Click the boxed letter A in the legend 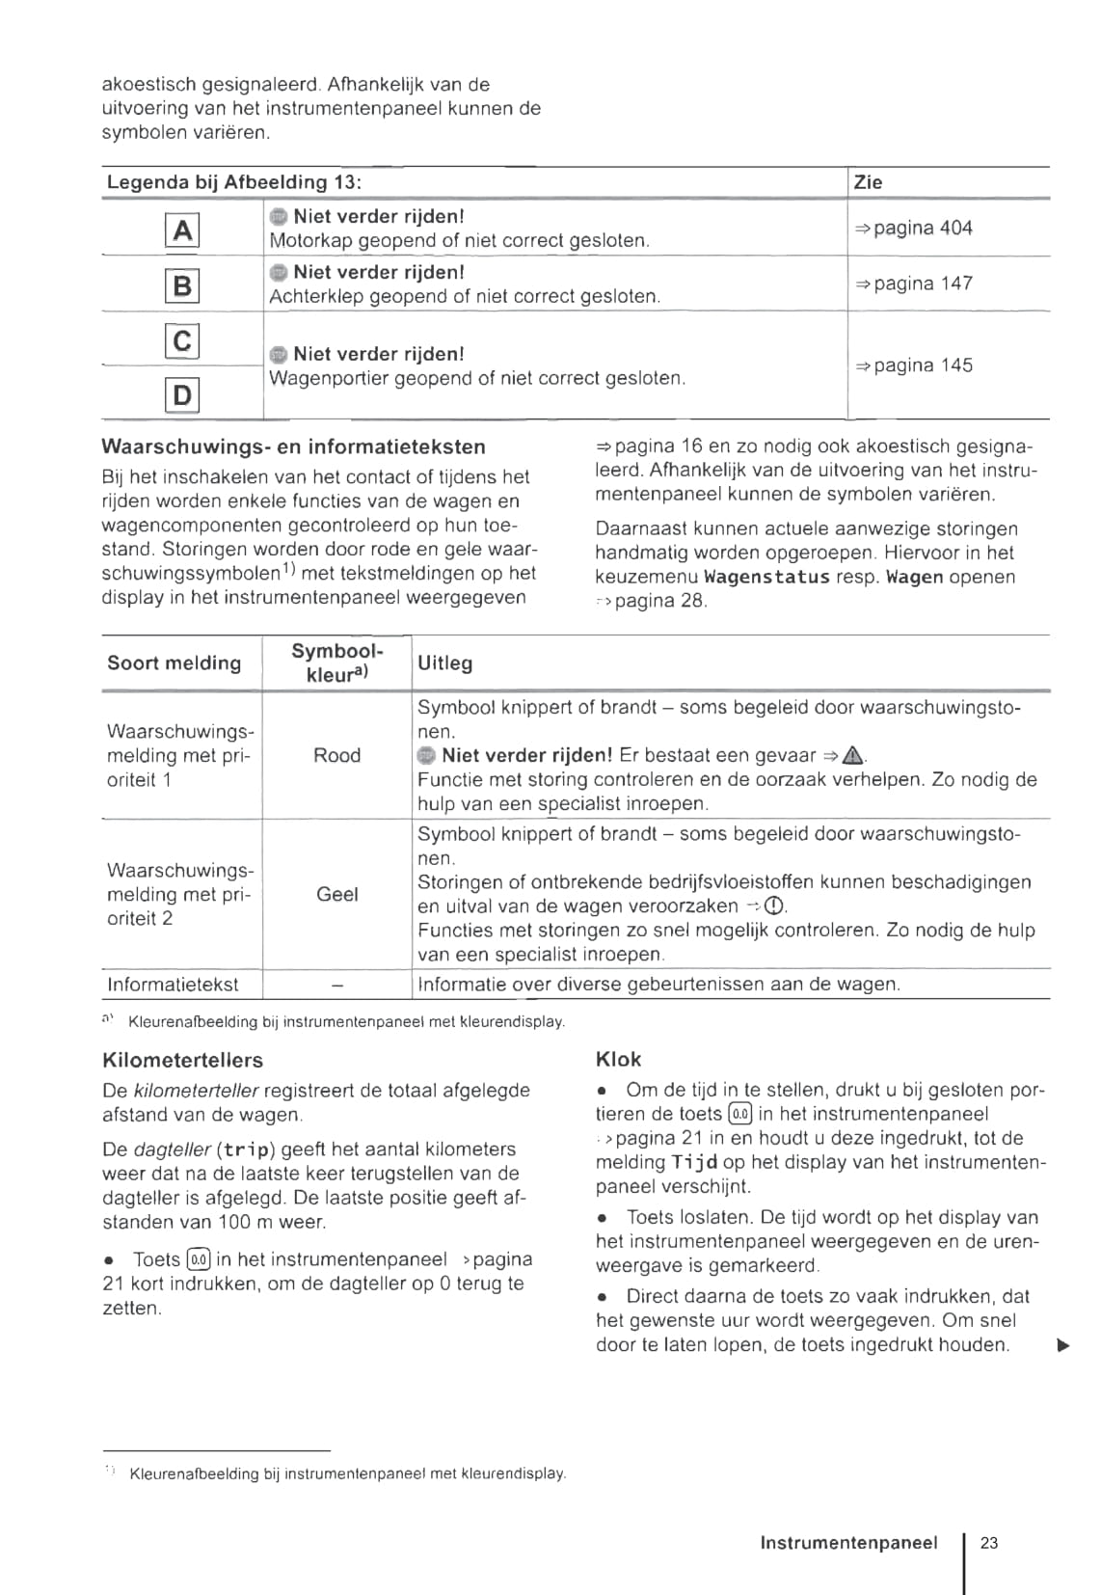[x=182, y=230]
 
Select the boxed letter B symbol [x=182, y=285]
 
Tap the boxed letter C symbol [x=182, y=341]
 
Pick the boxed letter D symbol [x=182, y=395]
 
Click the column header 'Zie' [x=868, y=182]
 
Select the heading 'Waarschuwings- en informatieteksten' [x=293, y=447]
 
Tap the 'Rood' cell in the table [x=336, y=756]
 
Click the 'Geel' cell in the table [x=336, y=895]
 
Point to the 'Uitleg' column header [x=444, y=663]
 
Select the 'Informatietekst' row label [x=173, y=985]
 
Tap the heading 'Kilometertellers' [x=182, y=1061]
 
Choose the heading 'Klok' [x=618, y=1060]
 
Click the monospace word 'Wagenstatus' [x=766, y=578]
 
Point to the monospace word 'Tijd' [x=694, y=1163]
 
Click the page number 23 [x=989, y=1543]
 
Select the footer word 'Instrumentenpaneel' [x=848, y=1543]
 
